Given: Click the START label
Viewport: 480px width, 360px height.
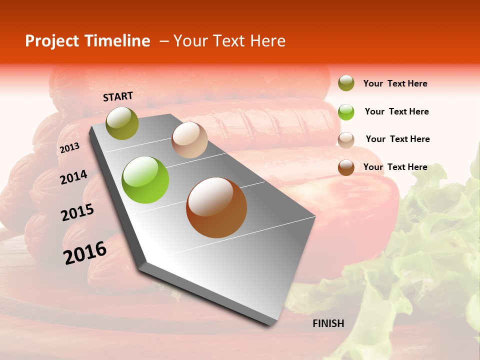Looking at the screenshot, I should [118, 96].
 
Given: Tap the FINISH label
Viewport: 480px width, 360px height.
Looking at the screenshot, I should [328, 323].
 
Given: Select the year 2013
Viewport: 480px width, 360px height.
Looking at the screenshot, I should [69, 147].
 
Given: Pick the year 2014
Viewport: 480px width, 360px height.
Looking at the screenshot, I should [73, 177].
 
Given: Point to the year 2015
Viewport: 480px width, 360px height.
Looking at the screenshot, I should [77, 212].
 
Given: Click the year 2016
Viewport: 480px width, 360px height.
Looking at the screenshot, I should [85, 253].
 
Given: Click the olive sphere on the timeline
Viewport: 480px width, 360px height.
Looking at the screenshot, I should [122, 123].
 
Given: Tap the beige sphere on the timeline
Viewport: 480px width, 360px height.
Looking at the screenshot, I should [189, 140].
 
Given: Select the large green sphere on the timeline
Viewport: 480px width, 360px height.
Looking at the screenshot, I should [145, 180].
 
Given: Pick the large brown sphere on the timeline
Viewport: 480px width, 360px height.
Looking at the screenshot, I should [216, 207].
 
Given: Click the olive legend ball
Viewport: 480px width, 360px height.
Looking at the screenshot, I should [346, 83].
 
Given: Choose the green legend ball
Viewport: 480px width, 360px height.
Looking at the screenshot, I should [346, 111].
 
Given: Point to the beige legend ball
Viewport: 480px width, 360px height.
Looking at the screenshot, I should [346, 139].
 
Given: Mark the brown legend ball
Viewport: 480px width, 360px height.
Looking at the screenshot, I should [346, 167].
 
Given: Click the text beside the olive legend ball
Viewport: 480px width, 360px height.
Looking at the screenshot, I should [395, 83].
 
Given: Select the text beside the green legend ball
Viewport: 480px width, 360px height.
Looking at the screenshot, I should [396, 111].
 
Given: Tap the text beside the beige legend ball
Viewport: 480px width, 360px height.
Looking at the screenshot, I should [397, 139].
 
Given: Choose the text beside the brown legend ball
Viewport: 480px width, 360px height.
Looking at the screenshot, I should [395, 167].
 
